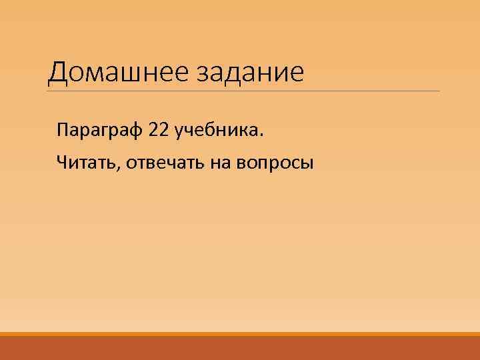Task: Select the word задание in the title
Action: [249, 73]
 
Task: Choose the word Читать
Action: [87, 161]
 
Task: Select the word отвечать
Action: [167, 161]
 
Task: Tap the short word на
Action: [222, 161]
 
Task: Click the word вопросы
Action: [274, 162]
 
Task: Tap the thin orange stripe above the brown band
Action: [240, 334]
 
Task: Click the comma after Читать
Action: [119, 167]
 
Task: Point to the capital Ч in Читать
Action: [61, 161]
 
